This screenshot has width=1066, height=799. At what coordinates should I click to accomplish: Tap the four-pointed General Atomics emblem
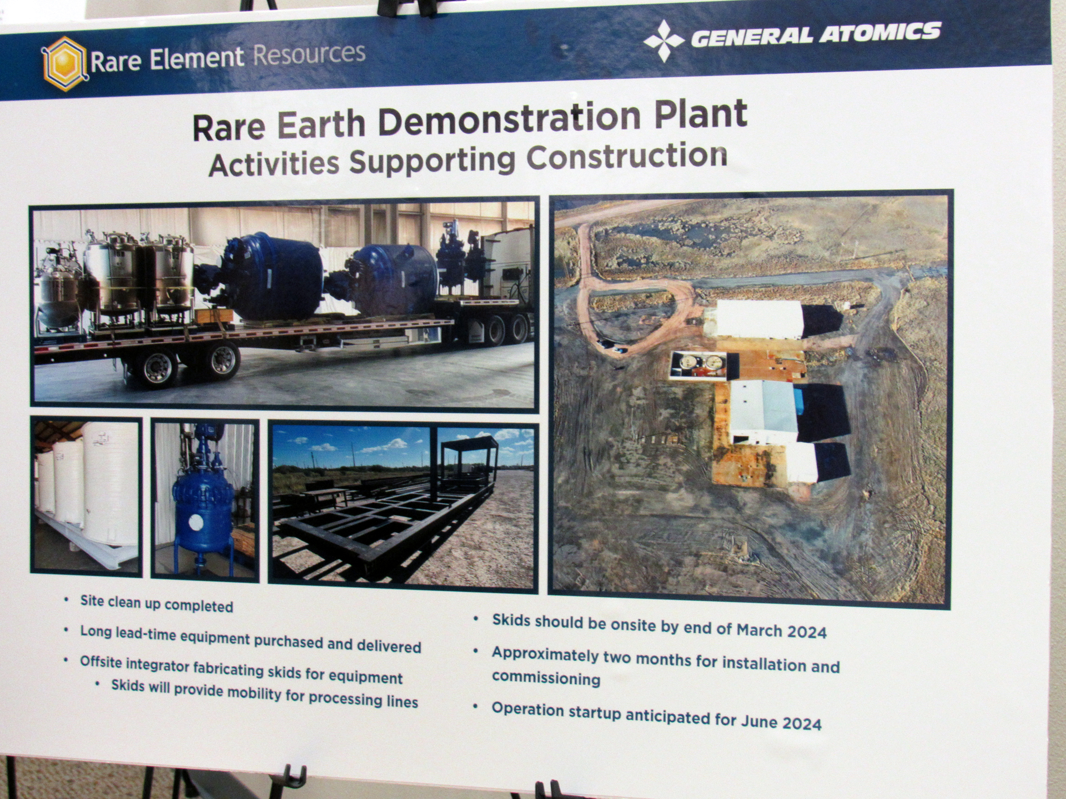[663, 41]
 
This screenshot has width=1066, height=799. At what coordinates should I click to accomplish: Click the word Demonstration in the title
[510, 119]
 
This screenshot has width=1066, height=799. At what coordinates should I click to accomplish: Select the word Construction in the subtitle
[627, 158]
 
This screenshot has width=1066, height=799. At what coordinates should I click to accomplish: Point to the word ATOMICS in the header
[881, 33]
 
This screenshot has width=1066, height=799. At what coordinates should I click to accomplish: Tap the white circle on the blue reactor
[196, 522]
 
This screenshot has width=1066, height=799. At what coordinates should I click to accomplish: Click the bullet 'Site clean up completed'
[157, 604]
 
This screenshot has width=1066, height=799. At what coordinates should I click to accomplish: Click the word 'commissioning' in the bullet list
[546, 678]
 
